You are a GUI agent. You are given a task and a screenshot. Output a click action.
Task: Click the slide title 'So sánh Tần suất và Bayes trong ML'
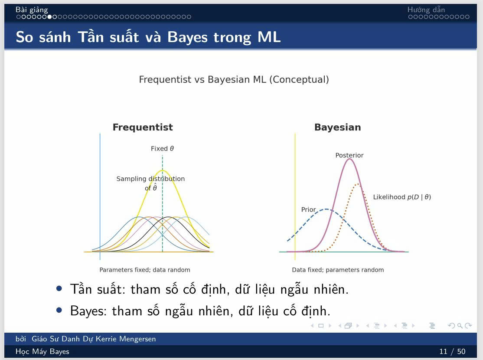coord(148,37)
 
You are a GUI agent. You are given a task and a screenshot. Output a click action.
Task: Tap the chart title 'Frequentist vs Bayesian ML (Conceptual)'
coord(234,80)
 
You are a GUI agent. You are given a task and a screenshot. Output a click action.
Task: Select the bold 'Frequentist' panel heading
coord(143,128)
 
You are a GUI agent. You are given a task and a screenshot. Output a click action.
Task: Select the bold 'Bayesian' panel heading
coord(337,128)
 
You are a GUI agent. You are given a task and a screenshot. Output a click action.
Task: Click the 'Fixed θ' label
coord(162,149)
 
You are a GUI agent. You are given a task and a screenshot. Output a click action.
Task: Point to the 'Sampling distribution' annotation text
coord(150,179)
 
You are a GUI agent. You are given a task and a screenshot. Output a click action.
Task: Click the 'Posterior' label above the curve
coord(349,155)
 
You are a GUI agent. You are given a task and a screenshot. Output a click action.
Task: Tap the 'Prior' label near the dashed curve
coord(308,209)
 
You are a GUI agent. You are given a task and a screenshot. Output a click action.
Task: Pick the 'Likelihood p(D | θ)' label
coord(401,197)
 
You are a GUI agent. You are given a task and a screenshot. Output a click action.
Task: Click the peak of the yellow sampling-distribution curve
coord(163,170)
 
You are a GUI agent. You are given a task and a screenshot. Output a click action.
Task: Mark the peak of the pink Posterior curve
coord(349,159)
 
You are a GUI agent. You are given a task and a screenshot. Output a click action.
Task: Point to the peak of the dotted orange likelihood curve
coord(357,184)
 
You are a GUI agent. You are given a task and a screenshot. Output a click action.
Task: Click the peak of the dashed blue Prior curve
coord(326,209)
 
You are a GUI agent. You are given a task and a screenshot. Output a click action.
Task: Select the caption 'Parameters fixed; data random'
coord(145,270)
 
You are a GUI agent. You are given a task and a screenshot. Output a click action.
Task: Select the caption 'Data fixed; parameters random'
coord(338,270)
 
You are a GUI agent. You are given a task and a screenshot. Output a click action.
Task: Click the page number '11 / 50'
coord(452,351)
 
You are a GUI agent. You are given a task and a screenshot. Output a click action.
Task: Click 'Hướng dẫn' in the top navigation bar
coord(426,10)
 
